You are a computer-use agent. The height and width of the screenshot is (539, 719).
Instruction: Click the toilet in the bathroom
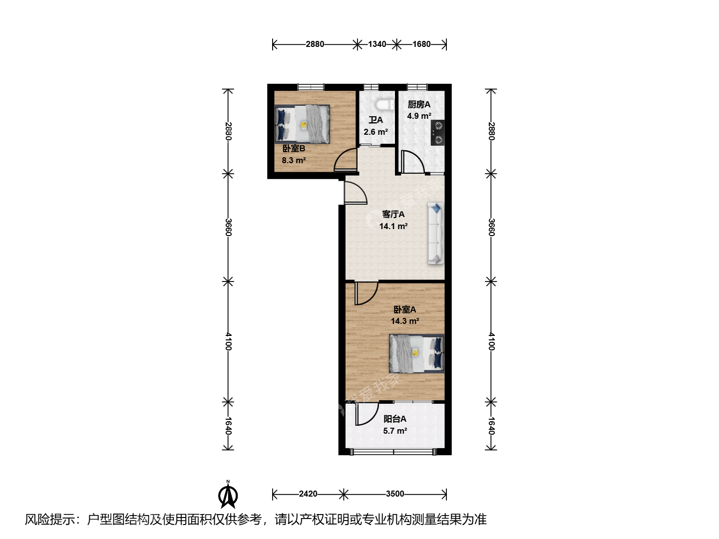tap(384, 105)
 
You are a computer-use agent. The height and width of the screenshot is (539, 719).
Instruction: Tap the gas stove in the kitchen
tap(437, 133)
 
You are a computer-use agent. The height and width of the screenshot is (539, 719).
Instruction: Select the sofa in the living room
tap(436, 234)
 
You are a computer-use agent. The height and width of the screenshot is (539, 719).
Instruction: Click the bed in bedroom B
tap(302, 124)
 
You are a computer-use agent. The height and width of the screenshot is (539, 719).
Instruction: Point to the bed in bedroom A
tap(416, 353)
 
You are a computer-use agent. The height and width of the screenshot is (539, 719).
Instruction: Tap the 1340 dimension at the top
tap(376, 44)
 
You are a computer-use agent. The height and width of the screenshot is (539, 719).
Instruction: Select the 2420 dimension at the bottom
tap(308, 494)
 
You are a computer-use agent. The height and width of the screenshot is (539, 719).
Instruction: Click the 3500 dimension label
tap(395, 494)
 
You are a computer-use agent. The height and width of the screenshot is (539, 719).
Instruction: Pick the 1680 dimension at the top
tap(421, 44)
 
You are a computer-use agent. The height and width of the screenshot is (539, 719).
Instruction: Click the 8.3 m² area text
tap(294, 160)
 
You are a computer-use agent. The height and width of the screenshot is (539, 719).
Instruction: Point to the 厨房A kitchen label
tap(419, 104)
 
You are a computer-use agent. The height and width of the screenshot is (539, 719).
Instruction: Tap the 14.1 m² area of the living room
tap(393, 226)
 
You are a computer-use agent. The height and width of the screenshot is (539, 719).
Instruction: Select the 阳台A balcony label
tap(395, 419)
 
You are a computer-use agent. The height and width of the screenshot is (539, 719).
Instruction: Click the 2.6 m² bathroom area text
tap(375, 132)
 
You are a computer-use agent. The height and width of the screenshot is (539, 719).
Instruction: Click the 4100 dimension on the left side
tap(229, 341)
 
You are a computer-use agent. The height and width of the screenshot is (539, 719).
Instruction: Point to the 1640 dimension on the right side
tap(491, 426)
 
